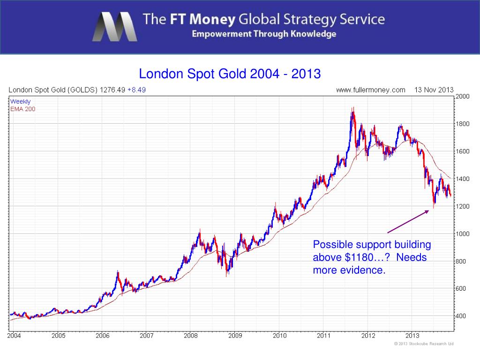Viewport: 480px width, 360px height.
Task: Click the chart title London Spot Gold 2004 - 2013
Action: pyautogui.click(x=230, y=74)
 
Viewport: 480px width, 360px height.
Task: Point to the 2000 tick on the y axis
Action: pyautogui.click(x=462, y=96)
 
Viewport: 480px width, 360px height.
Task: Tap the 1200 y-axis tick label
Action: pyautogui.click(x=462, y=206)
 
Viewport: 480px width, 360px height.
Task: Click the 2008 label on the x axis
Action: pyautogui.click(x=191, y=336)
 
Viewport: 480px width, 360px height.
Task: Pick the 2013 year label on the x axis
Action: pyautogui.click(x=412, y=336)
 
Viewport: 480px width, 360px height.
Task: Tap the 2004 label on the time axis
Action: pyautogui.click(x=14, y=336)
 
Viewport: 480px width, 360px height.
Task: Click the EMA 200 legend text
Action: pyautogui.click(x=22, y=109)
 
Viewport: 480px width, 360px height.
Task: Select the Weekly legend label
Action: pyautogui.click(x=21, y=101)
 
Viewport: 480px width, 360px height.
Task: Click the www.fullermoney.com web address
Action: pyautogui.click(x=371, y=90)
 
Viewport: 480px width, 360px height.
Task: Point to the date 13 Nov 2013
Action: pyautogui.click(x=434, y=90)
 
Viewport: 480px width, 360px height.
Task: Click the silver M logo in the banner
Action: pyautogui.click(x=114, y=27)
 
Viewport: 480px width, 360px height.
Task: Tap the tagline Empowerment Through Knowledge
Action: pyautogui.click(x=264, y=34)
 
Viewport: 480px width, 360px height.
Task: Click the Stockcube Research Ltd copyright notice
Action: pyautogui.click(x=423, y=344)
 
